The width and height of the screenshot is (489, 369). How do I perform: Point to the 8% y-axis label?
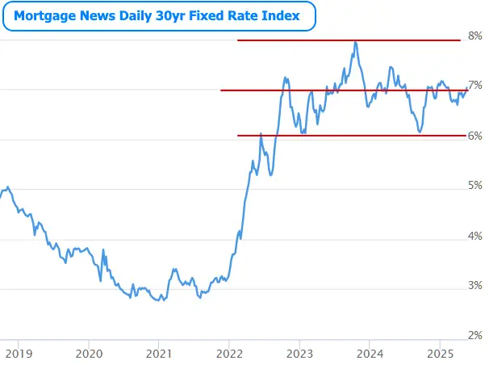click(475, 36)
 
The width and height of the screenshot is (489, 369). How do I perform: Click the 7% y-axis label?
click(475, 86)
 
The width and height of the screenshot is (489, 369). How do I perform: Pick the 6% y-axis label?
click(475, 136)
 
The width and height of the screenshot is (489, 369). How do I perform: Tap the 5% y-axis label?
click(475, 186)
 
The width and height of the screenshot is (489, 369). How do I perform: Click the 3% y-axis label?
click(475, 286)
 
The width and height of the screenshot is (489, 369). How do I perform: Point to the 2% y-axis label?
click(475, 335)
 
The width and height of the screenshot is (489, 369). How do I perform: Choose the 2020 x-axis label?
click(89, 353)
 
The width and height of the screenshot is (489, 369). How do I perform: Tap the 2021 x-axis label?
click(159, 353)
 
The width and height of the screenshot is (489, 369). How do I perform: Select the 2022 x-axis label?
click(229, 353)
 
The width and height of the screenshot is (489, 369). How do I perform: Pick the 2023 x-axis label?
click(299, 353)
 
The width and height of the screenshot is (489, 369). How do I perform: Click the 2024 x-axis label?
click(370, 353)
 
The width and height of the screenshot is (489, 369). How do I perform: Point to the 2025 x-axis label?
click(440, 353)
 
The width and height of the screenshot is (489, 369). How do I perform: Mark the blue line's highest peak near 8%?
click(356, 43)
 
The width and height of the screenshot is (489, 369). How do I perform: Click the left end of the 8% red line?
click(238, 40)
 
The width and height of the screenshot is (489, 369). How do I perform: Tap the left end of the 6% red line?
click(239, 136)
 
